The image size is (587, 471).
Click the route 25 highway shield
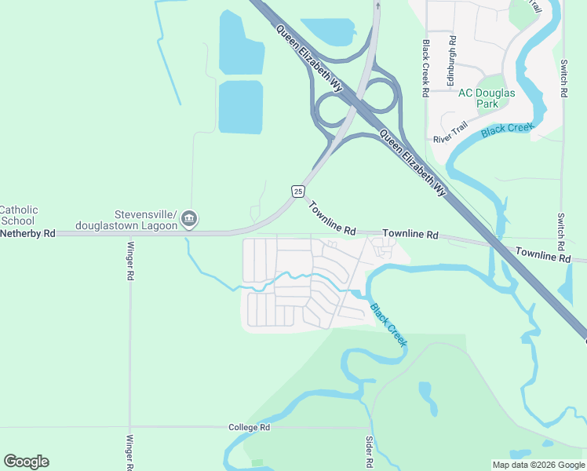click(297, 191)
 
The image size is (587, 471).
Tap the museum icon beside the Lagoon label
click(189, 221)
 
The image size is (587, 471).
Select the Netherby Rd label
click(28, 233)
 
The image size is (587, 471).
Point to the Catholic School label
click(18, 215)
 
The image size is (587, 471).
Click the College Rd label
click(249, 427)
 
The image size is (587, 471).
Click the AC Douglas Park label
click(487, 98)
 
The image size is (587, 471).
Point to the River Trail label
click(450, 133)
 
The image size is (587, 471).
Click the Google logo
click(26, 462)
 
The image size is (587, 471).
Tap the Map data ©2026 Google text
click(538, 465)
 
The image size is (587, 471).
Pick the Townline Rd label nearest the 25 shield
click(332, 220)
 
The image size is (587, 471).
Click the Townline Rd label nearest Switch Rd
click(543, 254)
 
